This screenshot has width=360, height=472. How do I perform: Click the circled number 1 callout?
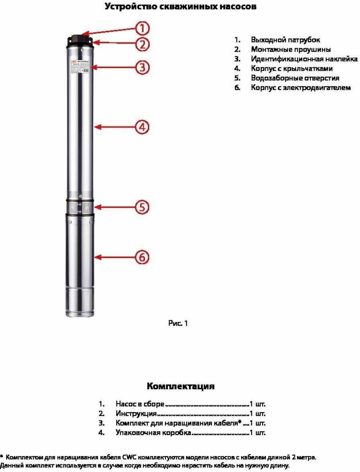(x=142, y=28)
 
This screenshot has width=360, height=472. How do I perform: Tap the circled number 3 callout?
(x=142, y=67)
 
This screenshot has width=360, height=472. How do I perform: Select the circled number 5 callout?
(x=142, y=207)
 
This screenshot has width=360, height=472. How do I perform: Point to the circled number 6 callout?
(x=142, y=257)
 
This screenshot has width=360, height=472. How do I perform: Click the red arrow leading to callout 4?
(x=115, y=127)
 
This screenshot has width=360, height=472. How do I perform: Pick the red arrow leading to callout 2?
(x=115, y=42)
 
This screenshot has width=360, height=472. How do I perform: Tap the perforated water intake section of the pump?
(x=80, y=208)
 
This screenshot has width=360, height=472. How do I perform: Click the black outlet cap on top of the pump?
(x=80, y=39)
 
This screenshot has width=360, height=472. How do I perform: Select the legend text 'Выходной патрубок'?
(x=285, y=40)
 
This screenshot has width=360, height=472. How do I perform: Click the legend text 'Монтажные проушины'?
(x=291, y=49)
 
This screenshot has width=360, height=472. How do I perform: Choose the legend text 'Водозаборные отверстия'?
(x=295, y=78)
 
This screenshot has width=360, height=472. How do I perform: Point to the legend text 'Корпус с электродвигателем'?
(x=301, y=87)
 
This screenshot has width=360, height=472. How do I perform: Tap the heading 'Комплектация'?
(x=180, y=386)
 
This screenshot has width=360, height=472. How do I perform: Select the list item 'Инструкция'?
(x=136, y=413)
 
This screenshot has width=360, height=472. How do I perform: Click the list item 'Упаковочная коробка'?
(x=153, y=433)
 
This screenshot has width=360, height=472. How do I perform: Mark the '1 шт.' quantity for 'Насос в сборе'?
(x=258, y=404)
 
